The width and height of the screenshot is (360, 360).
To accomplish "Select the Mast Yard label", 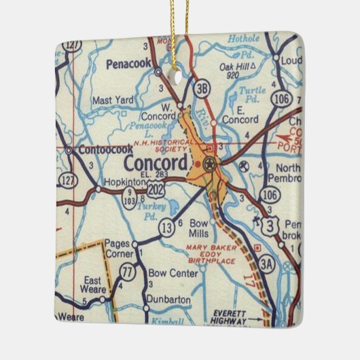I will tap(113, 101).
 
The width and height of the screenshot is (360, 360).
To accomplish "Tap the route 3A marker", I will tap(266, 264).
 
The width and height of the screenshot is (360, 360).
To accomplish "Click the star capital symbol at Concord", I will tap(209, 163).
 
